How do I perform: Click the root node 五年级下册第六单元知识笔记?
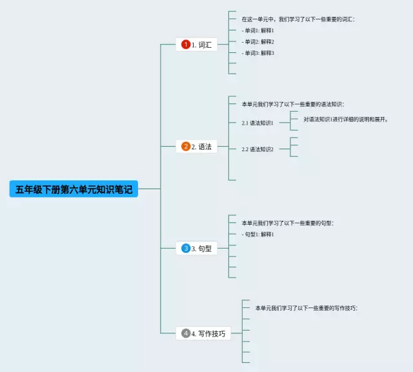pos(74,189)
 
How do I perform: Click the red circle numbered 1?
pos(186,45)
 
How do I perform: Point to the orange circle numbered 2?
pos(186,147)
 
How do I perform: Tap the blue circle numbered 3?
pos(186,248)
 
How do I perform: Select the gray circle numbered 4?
pos(186,333)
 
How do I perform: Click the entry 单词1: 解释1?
pos(258,30)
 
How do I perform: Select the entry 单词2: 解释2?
pos(258,41)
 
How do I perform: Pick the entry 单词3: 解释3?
pos(258,53)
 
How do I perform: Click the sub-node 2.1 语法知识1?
pos(257,123)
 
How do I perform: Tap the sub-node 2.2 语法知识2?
pos(257,149)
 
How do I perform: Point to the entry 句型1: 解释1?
pos(258,234)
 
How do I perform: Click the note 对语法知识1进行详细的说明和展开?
pos(345,119)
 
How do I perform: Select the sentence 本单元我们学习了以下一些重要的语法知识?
pos(293,104)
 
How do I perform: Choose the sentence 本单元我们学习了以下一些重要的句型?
pos(288,223)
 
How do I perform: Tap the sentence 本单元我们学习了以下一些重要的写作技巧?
pos(306,308)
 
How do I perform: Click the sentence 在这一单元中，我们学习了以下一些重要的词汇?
pos(298,19)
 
